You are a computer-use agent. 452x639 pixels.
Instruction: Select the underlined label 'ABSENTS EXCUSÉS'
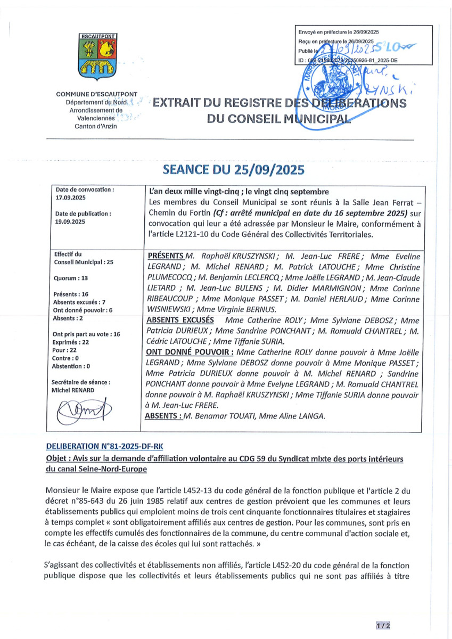tap(180, 320)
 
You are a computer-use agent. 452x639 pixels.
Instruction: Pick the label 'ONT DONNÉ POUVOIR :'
tap(189, 352)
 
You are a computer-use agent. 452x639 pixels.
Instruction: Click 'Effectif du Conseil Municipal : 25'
tap(80, 258)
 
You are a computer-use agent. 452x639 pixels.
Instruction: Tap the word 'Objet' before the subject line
tap(58, 459)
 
